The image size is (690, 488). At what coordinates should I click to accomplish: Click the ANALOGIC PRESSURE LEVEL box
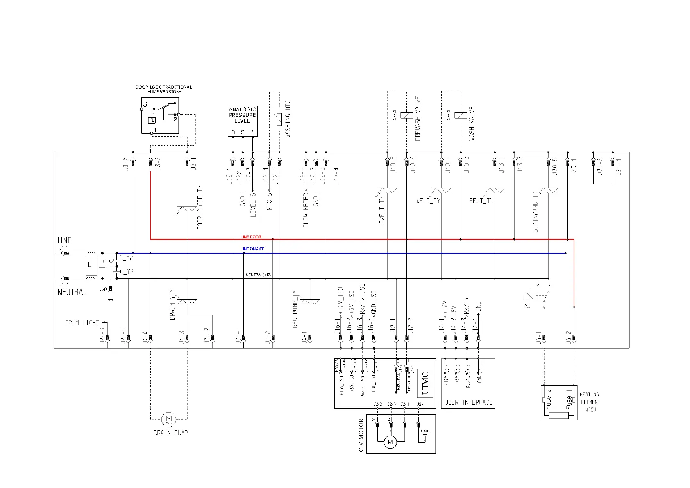(x=243, y=121)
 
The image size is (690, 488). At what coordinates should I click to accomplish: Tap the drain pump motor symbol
(x=168, y=419)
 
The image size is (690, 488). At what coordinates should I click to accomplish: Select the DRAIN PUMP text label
(x=170, y=433)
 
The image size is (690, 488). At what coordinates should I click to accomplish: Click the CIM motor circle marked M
(x=390, y=442)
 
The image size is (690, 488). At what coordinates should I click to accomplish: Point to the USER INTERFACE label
(x=468, y=402)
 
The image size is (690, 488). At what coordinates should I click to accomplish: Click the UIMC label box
(x=425, y=383)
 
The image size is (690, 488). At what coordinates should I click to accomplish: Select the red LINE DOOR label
(x=251, y=237)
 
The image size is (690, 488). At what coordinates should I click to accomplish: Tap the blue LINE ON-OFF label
(x=252, y=249)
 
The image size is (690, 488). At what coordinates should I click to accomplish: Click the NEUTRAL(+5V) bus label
(x=259, y=275)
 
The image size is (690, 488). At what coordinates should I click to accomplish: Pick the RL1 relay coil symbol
(x=530, y=295)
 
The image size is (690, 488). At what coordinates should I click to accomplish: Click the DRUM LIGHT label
(x=82, y=323)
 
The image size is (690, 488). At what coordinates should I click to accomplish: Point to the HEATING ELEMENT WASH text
(x=590, y=402)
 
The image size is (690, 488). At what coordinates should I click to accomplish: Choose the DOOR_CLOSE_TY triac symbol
(x=187, y=209)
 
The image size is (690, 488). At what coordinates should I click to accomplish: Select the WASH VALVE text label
(x=472, y=124)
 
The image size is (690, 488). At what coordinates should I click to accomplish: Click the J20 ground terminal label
(x=103, y=289)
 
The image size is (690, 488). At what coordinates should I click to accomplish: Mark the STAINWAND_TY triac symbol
(x=548, y=191)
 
